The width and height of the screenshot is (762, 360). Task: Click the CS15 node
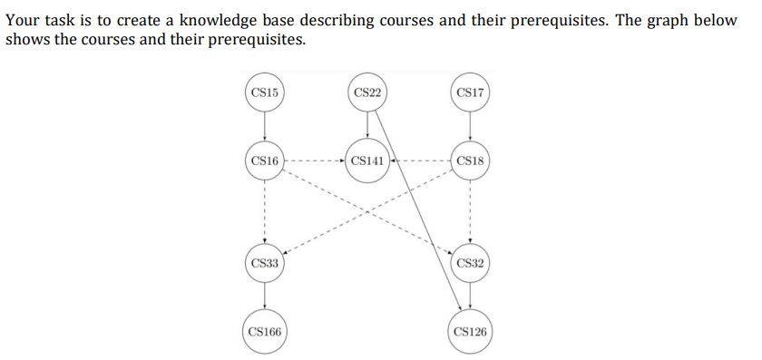click(264, 92)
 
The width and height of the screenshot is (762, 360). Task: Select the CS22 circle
click(367, 92)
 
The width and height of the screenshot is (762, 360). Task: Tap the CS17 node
click(471, 92)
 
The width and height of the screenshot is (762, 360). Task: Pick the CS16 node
click(264, 161)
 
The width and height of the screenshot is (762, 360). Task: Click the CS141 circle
click(367, 161)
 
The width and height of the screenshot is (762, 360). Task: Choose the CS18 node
click(471, 161)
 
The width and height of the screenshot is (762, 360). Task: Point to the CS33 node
click(264, 264)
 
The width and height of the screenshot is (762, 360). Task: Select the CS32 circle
click(471, 264)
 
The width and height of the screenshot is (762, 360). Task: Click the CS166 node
click(264, 333)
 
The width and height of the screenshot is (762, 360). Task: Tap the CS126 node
click(471, 333)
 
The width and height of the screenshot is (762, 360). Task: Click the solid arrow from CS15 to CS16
click(264, 127)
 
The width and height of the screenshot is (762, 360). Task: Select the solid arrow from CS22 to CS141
click(367, 127)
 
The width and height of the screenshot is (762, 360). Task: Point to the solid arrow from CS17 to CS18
click(471, 127)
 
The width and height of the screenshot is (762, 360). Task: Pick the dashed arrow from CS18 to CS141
click(419, 162)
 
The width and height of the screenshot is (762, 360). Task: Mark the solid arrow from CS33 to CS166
click(264, 298)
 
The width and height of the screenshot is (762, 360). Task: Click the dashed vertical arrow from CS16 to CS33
click(264, 213)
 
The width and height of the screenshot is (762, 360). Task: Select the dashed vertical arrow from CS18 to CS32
click(471, 213)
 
